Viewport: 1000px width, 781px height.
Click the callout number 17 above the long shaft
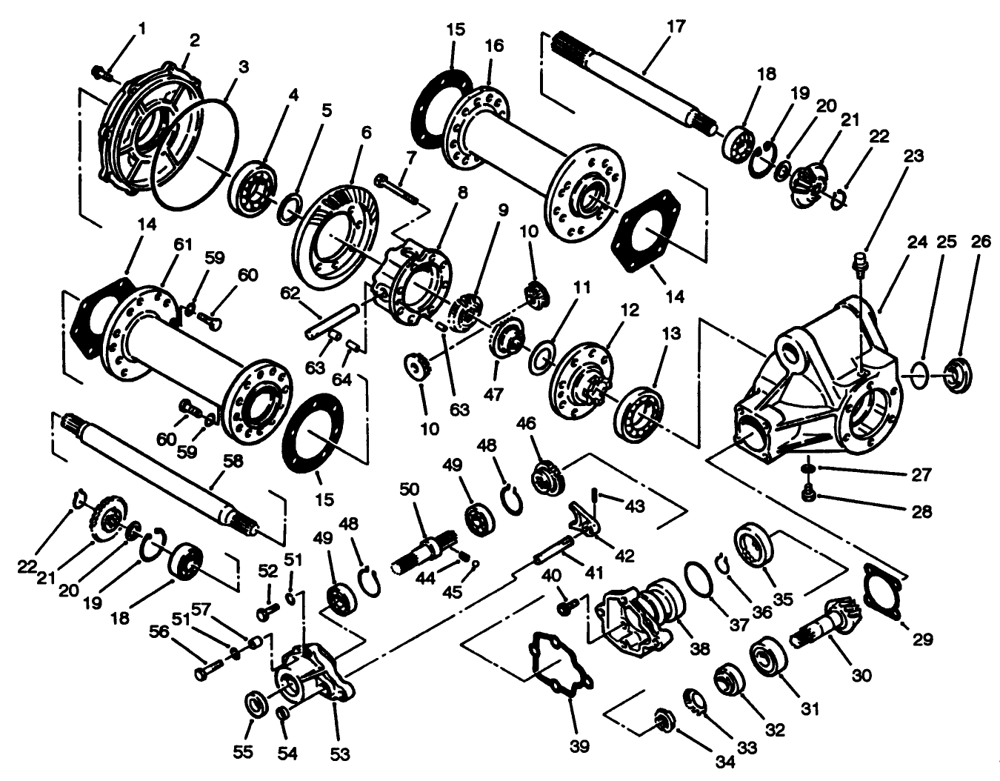click(676, 27)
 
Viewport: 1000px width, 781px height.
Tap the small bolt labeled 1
click(99, 71)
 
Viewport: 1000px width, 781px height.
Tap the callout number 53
click(341, 754)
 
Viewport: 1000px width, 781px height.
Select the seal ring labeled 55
click(257, 705)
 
